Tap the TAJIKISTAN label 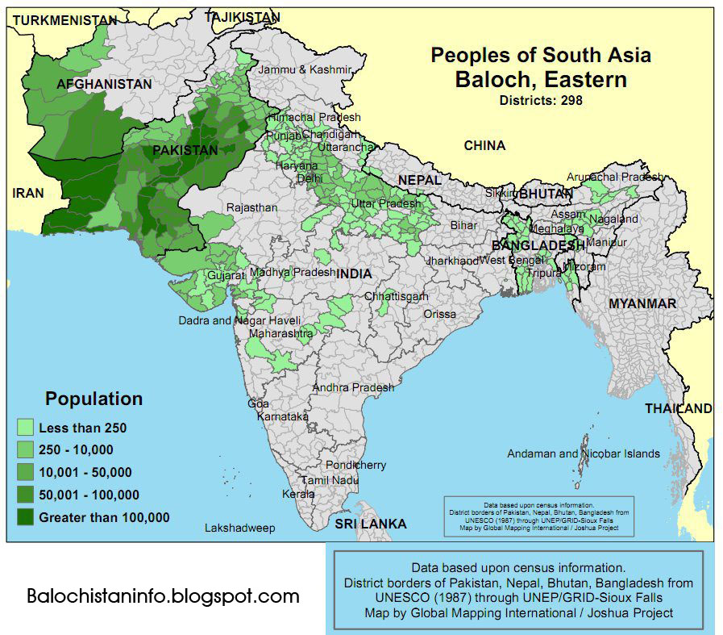tap(243, 16)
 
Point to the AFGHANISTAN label tap(104, 84)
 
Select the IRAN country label tap(28, 193)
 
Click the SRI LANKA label tap(371, 524)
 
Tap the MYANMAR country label tap(642, 303)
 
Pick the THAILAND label tap(678, 408)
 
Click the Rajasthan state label tap(251, 207)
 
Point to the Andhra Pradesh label tap(353, 387)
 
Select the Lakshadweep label tap(239, 528)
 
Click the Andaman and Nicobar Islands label tap(584, 453)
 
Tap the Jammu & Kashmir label tap(305, 70)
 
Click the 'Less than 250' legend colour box tap(26, 428)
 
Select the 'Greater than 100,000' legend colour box tap(26, 517)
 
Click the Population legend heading tap(93, 399)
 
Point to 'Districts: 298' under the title tap(540, 101)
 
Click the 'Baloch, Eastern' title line tap(540, 80)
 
